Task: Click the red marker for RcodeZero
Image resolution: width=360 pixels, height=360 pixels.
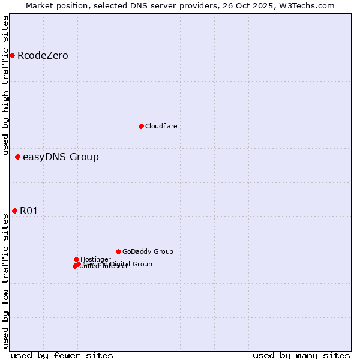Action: pos(12,56)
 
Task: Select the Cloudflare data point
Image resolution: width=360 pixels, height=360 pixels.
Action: pos(141,126)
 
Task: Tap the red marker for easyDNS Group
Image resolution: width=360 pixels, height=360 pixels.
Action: pos(17,157)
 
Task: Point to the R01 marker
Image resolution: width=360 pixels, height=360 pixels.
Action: pos(14,211)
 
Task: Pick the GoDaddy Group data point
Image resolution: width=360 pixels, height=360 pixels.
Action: pos(118,251)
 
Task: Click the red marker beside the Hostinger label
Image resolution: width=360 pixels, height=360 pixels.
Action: pos(76,259)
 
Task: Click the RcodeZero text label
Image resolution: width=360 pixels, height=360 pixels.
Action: pos(43,56)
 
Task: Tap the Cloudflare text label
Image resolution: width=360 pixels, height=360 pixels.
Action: pos(161,126)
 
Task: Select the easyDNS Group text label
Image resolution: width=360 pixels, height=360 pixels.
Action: pos(61,157)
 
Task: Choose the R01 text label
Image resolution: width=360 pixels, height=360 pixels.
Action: pos(29,211)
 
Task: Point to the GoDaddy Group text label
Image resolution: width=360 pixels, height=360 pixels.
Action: pos(148,251)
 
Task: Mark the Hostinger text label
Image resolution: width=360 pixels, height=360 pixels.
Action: pos(95,259)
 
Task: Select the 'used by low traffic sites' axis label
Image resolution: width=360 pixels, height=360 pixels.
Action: pos(5,281)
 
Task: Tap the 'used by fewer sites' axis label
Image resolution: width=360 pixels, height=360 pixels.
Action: pos(62,355)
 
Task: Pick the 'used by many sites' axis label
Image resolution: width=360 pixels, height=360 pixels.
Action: pos(301,355)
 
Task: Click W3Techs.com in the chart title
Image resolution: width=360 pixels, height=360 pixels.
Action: pos(309,5)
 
